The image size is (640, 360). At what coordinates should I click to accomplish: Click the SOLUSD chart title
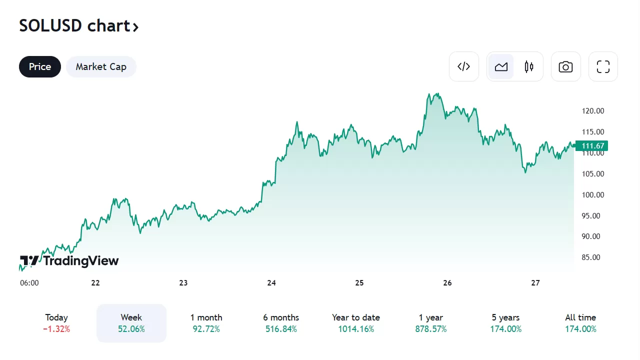pyautogui.click(x=78, y=25)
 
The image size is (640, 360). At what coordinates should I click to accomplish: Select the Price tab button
pyautogui.click(x=40, y=66)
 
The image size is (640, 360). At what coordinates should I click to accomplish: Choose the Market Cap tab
pyautogui.click(x=101, y=66)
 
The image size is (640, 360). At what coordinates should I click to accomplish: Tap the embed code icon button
pyautogui.click(x=464, y=66)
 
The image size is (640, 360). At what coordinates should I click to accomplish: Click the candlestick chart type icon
pyautogui.click(x=529, y=66)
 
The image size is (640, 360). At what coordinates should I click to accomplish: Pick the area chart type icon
pyautogui.click(x=501, y=66)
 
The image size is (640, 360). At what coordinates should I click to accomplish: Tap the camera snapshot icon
pyautogui.click(x=565, y=66)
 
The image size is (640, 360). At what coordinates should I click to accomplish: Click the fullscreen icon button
pyautogui.click(x=603, y=66)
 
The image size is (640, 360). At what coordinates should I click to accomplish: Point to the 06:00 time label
pyautogui.click(x=29, y=283)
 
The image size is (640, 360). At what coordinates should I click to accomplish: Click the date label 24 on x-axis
pyautogui.click(x=271, y=283)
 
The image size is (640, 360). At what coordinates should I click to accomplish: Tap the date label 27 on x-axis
pyautogui.click(x=535, y=283)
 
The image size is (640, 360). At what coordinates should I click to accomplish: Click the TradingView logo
pyautogui.click(x=69, y=260)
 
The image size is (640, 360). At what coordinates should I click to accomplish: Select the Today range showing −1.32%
pyautogui.click(x=56, y=323)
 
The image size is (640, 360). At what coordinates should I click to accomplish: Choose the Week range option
pyautogui.click(x=131, y=323)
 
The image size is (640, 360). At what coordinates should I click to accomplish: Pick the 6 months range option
pyautogui.click(x=281, y=323)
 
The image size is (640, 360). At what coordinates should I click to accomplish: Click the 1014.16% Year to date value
pyautogui.click(x=356, y=329)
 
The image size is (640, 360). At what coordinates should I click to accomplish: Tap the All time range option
pyautogui.click(x=580, y=323)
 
